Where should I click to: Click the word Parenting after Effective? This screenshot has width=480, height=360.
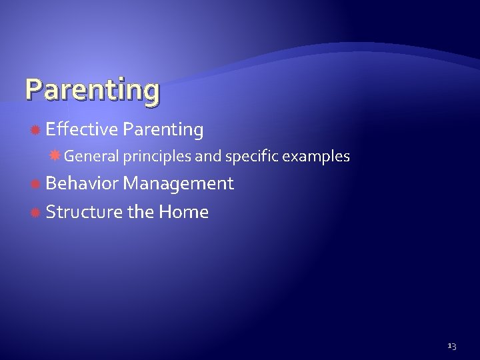pyautogui.click(x=163, y=131)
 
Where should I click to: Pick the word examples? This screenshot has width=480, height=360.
pyautogui.click(x=317, y=157)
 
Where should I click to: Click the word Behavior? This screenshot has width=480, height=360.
pyautogui.click(x=83, y=183)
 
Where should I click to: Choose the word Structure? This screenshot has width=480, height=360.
pyautogui.click(x=84, y=213)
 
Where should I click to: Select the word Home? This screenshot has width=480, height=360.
pyautogui.click(x=183, y=213)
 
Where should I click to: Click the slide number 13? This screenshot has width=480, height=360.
pyautogui.click(x=451, y=346)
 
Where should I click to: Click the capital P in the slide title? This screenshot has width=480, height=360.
pyautogui.click(x=33, y=89)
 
